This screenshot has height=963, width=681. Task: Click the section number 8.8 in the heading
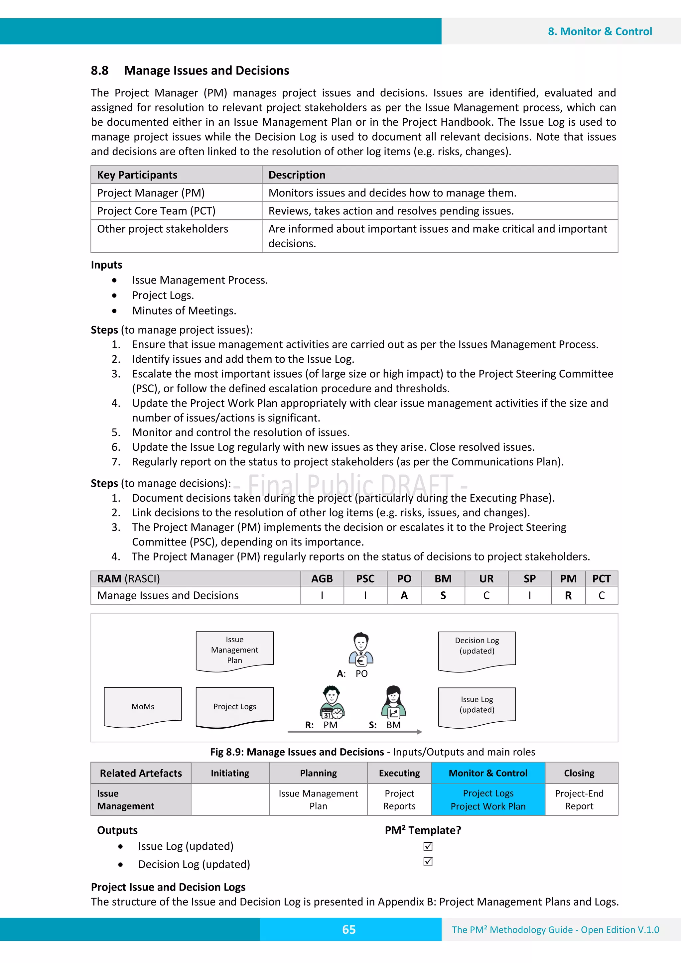tap(99, 70)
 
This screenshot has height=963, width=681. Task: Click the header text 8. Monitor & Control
tap(600, 32)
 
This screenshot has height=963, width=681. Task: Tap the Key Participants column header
tap(137, 175)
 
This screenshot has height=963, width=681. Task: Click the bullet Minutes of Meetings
tap(184, 311)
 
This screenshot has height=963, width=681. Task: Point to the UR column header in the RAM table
tap(486, 579)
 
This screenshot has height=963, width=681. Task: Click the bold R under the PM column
tap(568, 596)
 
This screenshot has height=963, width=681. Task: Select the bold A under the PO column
tap(404, 596)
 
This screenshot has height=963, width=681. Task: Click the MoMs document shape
tap(143, 707)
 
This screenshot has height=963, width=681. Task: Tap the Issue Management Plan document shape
tap(234, 650)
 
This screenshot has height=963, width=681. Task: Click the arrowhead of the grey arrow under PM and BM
tap(420, 732)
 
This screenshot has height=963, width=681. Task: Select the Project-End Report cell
tap(579, 799)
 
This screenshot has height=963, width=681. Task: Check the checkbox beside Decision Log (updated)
tap(428, 862)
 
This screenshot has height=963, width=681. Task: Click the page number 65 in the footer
tap(349, 929)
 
